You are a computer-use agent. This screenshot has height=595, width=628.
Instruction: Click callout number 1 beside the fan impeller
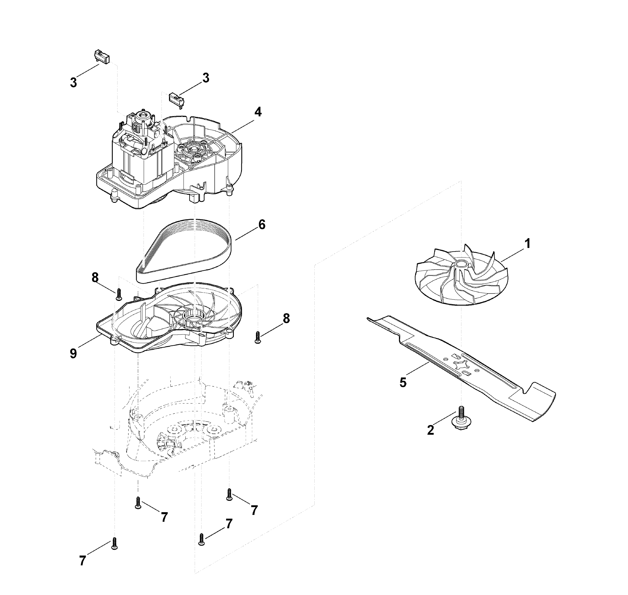click(528, 243)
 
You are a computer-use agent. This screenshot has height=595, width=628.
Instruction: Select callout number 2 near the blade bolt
click(430, 430)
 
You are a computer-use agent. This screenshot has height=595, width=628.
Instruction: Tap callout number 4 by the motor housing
click(258, 112)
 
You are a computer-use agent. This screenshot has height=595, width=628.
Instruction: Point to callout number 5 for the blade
click(403, 383)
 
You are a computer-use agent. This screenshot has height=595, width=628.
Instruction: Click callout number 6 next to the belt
click(262, 225)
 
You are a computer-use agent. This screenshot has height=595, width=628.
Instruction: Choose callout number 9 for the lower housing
click(73, 353)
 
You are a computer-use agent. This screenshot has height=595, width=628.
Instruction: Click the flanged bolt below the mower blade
click(461, 418)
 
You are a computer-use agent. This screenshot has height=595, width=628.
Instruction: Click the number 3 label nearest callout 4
click(206, 78)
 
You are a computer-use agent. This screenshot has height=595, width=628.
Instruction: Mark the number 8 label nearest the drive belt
click(95, 278)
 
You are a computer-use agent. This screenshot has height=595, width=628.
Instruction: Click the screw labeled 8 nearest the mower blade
click(258, 337)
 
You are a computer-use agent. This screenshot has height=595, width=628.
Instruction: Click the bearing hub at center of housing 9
click(193, 316)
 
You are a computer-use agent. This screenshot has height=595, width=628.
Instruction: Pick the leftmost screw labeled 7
click(115, 544)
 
